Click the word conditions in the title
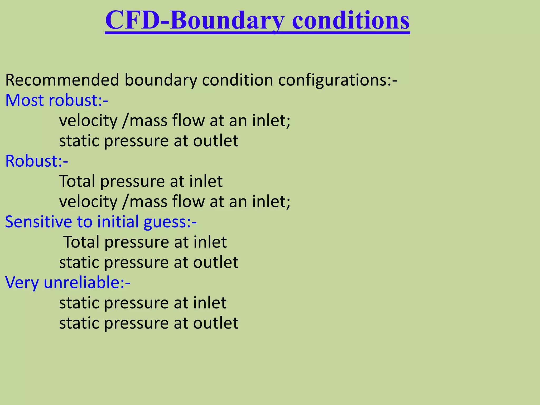[351, 21]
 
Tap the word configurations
[335, 80]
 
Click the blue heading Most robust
[56, 100]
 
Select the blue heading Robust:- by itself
[37, 161]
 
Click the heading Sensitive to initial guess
[100, 222]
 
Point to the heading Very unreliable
[67, 282]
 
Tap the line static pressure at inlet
[142, 303]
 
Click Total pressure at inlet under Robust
[141, 181]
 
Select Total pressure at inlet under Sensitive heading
[145, 242]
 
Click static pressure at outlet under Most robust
[148, 141]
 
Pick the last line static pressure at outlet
[148, 323]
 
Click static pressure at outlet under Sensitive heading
[148, 262]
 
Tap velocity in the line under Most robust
[88, 121]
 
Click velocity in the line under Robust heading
[88, 202]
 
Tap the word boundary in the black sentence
[161, 80]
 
